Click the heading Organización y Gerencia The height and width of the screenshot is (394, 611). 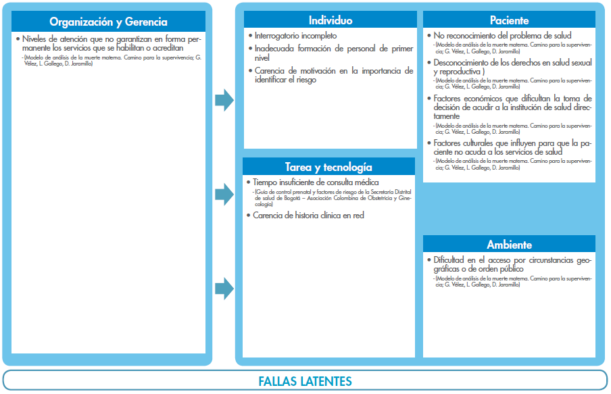109,22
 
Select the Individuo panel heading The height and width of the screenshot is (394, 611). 330,20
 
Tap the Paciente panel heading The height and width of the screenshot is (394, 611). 509,20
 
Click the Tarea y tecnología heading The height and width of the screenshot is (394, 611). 328,167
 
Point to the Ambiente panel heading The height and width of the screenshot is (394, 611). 509,245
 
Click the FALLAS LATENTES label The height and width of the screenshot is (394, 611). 305,381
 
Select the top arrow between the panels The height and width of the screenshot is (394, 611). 224,101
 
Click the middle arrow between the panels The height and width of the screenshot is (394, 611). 224,195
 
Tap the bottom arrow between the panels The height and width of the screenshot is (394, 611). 224,289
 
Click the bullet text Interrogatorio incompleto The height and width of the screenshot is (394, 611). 295,35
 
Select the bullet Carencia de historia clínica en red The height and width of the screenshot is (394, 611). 308,216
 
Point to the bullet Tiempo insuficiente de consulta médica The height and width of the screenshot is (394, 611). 316,182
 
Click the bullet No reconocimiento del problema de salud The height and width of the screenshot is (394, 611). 502,35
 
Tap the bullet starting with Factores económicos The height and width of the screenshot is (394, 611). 512,107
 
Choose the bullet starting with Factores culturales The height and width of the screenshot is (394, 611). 512,147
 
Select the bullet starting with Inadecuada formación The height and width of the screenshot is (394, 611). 334,53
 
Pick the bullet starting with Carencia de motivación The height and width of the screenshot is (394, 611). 334,75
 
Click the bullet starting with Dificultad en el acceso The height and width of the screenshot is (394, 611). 512,264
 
